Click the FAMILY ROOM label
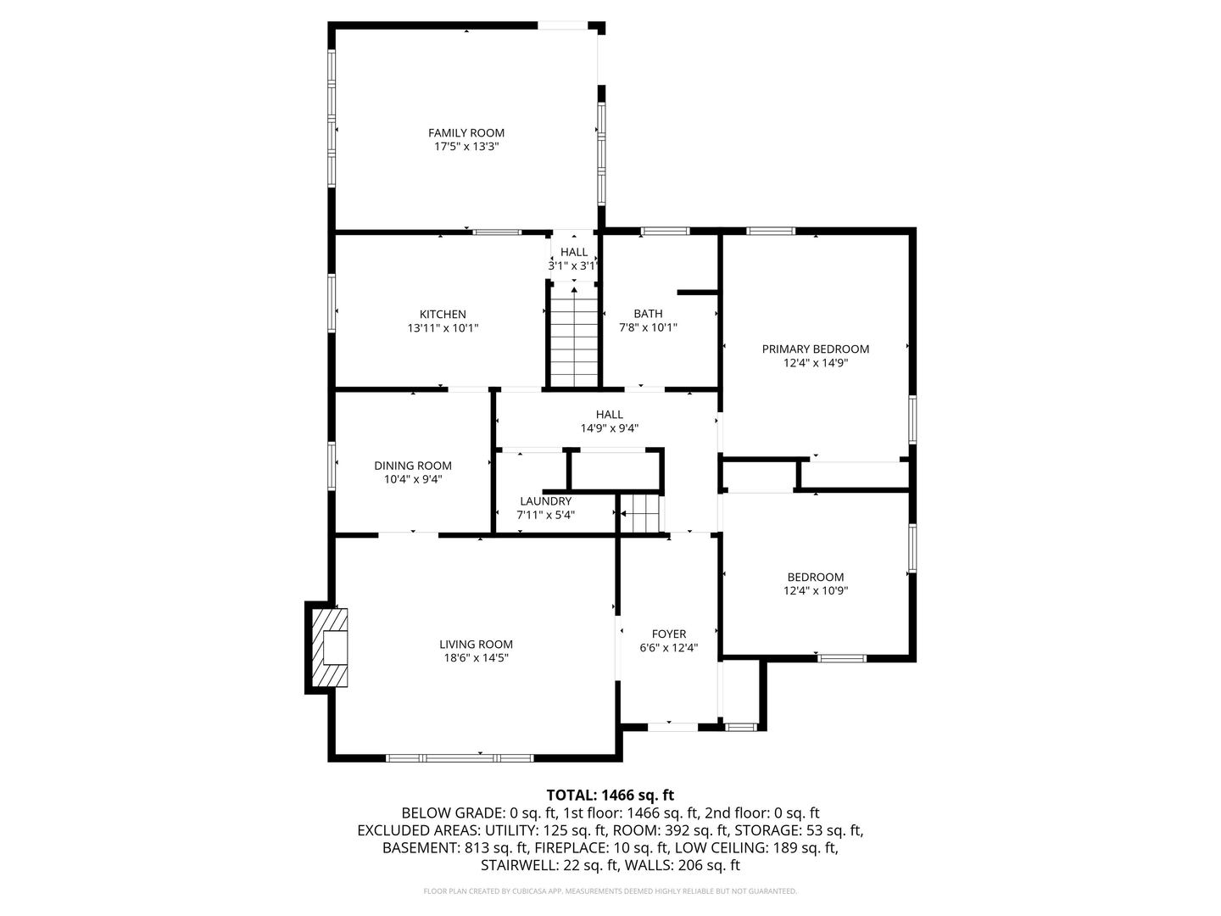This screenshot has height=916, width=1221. pyautogui.click(x=466, y=133)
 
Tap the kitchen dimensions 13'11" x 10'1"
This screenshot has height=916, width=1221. pyautogui.click(x=443, y=328)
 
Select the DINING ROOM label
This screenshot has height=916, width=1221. pyautogui.click(x=413, y=466)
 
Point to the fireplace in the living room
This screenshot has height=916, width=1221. pyautogui.click(x=329, y=648)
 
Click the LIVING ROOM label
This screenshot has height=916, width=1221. pyautogui.click(x=477, y=644)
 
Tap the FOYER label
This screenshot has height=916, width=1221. pyautogui.click(x=669, y=634)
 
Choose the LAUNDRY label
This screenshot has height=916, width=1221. pyautogui.click(x=546, y=501)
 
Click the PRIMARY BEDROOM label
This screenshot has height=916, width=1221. pyautogui.click(x=816, y=349)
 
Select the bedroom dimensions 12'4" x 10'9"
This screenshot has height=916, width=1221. pyautogui.click(x=816, y=590)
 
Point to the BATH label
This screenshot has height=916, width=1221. pyautogui.click(x=648, y=314)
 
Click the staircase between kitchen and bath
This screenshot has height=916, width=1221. pyautogui.click(x=574, y=336)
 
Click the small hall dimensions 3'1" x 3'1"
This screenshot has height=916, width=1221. pyautogui.click(x=573, y=265)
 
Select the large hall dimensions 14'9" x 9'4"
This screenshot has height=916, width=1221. pyautogui.click(x=610, y=428)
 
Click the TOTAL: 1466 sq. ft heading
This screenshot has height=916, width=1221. pyautogui.click(x=610, y=796)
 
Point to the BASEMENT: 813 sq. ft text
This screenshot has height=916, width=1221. pyautogui.click(x=454, y=848)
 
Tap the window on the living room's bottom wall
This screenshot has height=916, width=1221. pyautogui.click(x=460, y=758)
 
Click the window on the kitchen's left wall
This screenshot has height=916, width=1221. pyautogui.click(x=332, y=303)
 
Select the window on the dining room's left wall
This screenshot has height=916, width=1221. pyautogui.click(x=332, y=466)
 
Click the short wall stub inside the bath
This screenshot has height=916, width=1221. pyautogui.click(x=697, y=293)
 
